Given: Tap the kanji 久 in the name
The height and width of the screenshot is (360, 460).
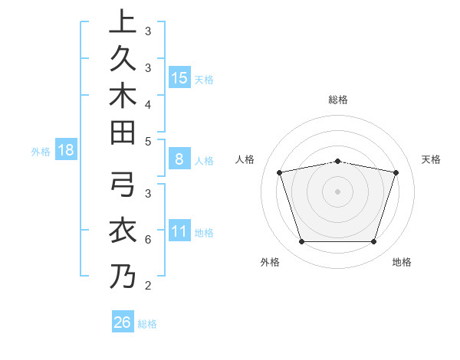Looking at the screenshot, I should point(121,59).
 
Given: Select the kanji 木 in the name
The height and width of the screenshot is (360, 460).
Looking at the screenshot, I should point(121,95).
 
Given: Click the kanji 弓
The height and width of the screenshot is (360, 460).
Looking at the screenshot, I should point(121,185).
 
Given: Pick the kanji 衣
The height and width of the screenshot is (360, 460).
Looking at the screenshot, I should point(121,231).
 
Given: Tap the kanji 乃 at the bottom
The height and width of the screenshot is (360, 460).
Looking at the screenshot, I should point(121,277).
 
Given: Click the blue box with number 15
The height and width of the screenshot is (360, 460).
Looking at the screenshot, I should point(179,77).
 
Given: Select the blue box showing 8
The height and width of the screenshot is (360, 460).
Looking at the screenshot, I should point(179,159).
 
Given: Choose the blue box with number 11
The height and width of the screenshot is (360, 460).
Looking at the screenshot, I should point(179,231).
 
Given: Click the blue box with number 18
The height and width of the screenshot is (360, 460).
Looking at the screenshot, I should point(66,150).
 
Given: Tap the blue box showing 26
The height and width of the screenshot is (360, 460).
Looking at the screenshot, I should point(123,322).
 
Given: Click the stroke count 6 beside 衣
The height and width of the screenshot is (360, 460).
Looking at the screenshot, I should point(147,239).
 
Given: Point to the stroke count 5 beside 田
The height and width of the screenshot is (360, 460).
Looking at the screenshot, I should point(147,141).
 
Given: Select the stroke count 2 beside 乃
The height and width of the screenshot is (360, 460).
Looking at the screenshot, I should point(147,286).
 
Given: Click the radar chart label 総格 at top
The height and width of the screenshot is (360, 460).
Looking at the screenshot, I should point(338,100).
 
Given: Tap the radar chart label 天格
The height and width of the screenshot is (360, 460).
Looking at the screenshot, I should point(431,159).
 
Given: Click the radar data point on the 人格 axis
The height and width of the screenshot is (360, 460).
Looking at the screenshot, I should point(280,172).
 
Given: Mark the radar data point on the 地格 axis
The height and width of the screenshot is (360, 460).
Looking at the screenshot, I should point(373,242).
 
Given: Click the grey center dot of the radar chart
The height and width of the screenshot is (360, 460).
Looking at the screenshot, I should point(338,191).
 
